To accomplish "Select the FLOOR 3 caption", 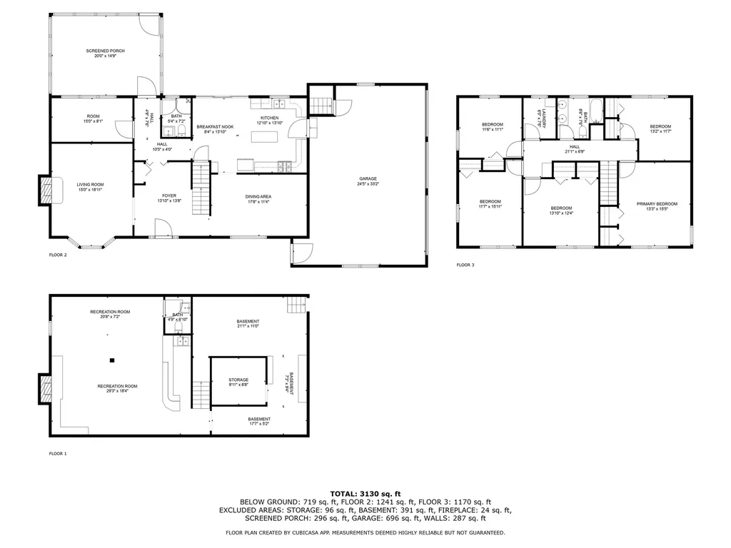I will click(x=465, y=265).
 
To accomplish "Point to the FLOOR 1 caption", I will click(x=58, y=453).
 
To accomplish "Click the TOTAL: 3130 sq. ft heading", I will click(x=365, y=493).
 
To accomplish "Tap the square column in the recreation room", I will click(x=112, y=359).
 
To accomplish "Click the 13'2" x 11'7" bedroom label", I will click(x=660, y=128).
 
